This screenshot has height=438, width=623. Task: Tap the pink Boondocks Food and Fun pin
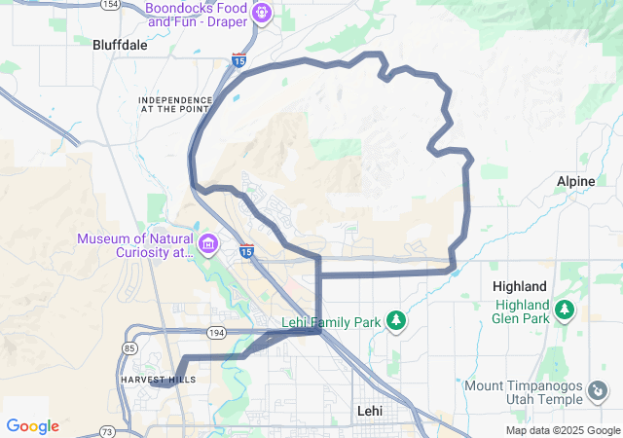[x=261, y=13]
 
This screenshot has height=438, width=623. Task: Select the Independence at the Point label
[x=175, y=104]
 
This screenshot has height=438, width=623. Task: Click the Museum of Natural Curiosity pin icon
[x=207, y=242]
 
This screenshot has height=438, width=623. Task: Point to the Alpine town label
[x=574, y=181]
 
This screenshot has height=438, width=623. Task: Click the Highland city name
[x=519, y=286]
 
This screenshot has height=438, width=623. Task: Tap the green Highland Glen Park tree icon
[x=563, y=310]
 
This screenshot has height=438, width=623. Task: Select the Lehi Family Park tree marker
[x=396, y=320]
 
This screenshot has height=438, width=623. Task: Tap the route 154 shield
[x=110, y=5]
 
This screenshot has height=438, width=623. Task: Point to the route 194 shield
[x=216, y=333]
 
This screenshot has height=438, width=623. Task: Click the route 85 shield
[x=130, y=348]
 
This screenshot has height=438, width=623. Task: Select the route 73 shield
[x=107, y=430]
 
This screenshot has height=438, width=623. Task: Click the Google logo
[x=32, y=426]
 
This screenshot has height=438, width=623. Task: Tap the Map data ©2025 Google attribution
[x=562, y=430]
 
